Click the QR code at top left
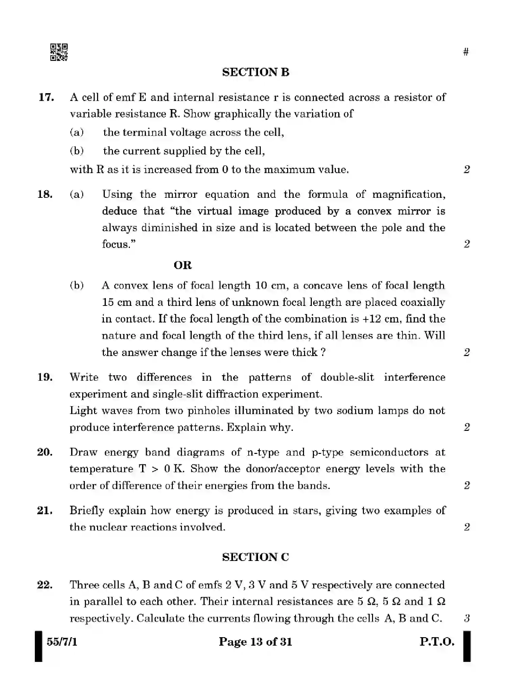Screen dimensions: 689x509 tap(59, 52)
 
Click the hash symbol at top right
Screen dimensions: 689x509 tap(466, 52)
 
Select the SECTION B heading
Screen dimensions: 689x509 tap(256, 72)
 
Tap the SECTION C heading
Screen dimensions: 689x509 tap(255, 557)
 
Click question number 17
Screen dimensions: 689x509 tap(46, 98)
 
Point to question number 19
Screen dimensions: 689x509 tap(45, 377)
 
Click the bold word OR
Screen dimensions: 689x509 tap(183, 265)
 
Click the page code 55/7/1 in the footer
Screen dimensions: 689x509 tap(62, 642)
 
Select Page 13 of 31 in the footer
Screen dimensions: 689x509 tap(255, 642)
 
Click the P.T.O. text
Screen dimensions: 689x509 tap(437, 642)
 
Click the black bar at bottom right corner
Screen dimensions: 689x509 tap(467, 646)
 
